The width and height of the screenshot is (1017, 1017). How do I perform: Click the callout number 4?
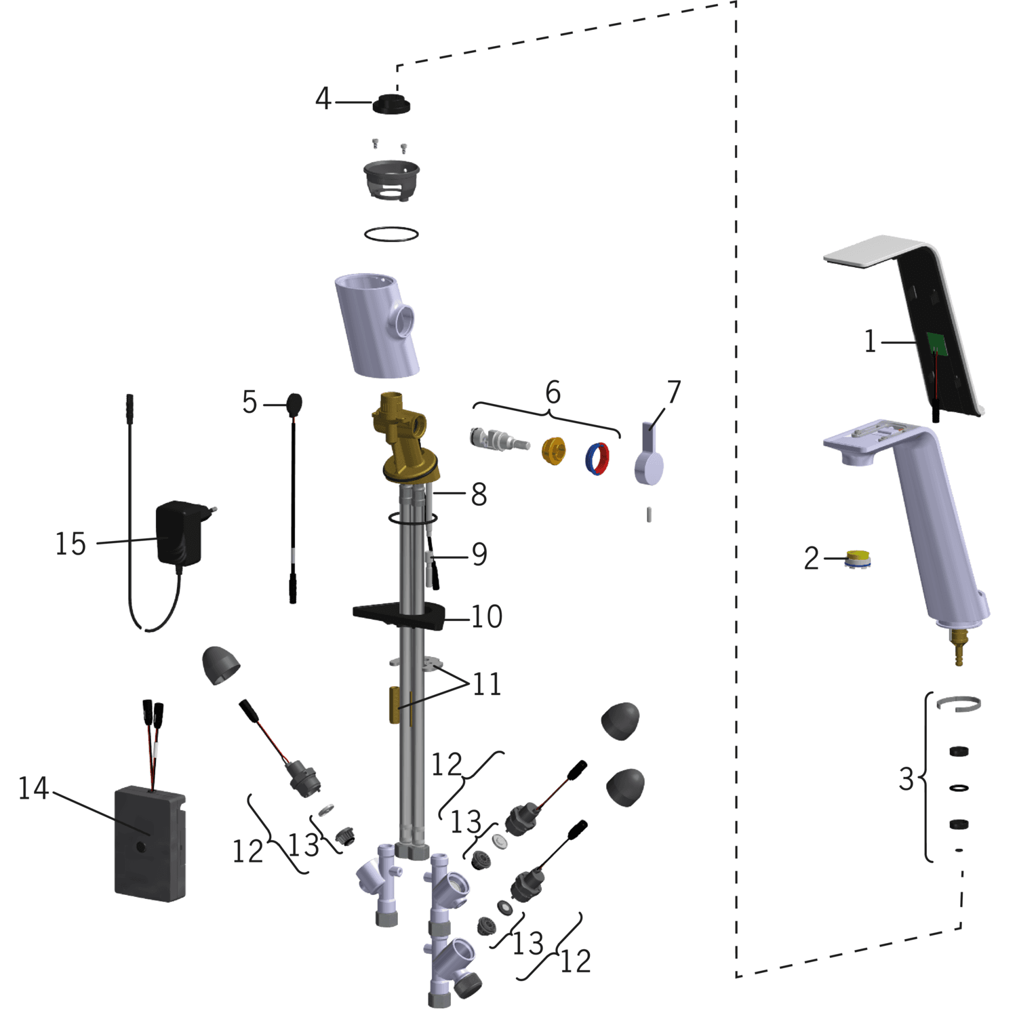point(323,99)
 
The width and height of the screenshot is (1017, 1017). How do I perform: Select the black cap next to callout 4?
point(391,104)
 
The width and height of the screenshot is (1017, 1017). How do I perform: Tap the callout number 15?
point(71,544)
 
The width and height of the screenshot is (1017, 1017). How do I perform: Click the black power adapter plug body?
point(179,533)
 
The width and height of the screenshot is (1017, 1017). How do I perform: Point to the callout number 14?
point(33,789)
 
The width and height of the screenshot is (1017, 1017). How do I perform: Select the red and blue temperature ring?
point(597,458)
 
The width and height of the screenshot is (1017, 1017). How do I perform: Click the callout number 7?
point(673,392)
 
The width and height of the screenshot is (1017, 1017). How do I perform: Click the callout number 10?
point(487,617)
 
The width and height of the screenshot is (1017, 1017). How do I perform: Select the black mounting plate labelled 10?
point(400,616)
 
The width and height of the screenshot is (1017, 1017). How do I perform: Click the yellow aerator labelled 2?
point(858,559)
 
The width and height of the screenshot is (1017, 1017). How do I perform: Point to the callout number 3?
point(906,779)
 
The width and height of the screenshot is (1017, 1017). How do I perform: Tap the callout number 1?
point(871,341)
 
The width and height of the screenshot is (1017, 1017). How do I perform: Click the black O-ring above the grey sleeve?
point(391,234)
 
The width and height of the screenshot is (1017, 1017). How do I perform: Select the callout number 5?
point(250,403)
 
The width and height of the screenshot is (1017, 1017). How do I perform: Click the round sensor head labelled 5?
point(294,405)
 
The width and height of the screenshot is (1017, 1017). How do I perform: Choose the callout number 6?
point(553,393)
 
